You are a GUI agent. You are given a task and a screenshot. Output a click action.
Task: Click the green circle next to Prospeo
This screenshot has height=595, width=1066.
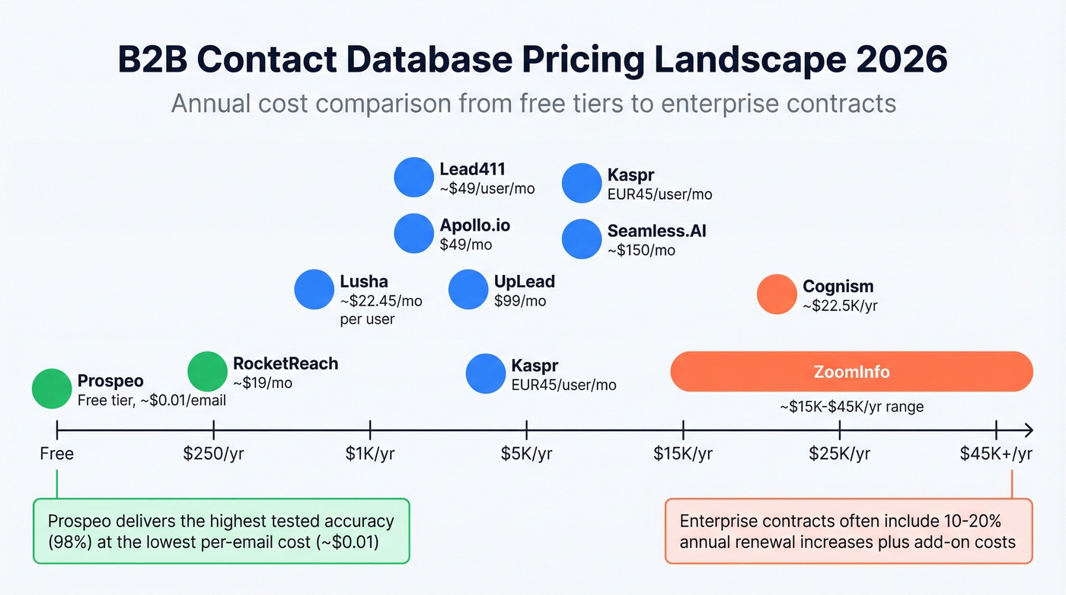[x=52, y=389]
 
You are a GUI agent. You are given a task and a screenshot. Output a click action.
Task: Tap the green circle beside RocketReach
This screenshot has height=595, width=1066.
[x=207, y=372]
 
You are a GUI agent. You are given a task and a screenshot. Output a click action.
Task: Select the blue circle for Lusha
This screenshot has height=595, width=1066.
[x=314, y=290]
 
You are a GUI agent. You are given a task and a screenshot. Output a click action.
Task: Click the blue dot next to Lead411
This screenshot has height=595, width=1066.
[x=413, y=178]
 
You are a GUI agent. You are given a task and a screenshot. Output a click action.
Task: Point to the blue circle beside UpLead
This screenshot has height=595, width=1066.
[x=468, y=290]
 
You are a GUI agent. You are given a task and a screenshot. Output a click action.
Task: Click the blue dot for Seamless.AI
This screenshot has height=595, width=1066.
[x=582, y=238]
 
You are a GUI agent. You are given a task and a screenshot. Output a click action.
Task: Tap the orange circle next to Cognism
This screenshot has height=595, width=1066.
[x=777, y=294]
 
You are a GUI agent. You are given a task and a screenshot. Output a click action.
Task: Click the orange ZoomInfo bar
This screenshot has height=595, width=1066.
[x=851, y=372]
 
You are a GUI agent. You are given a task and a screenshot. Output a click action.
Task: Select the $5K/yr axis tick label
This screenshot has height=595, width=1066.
[x=526, y=454]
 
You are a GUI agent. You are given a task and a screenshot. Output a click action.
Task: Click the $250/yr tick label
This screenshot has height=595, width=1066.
[x=214, y=454]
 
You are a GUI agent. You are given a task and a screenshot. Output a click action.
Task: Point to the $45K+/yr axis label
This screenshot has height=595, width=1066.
[x=995, y=454]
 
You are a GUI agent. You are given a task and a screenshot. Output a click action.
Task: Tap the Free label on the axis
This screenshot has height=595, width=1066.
[x=57, y=454]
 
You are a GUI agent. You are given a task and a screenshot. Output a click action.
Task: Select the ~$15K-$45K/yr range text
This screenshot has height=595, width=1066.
[x=851, y=407]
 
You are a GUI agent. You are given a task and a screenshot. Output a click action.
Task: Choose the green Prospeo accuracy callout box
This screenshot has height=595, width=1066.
[x=221, y=531]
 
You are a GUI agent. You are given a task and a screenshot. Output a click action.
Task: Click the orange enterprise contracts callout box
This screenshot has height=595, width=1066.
[x=848, y=531]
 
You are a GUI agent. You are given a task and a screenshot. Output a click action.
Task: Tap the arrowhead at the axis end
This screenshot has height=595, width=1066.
[x=1028, y=430]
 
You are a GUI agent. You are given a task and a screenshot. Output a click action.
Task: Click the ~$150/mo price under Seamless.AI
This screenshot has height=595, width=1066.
[x=641, y=250]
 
